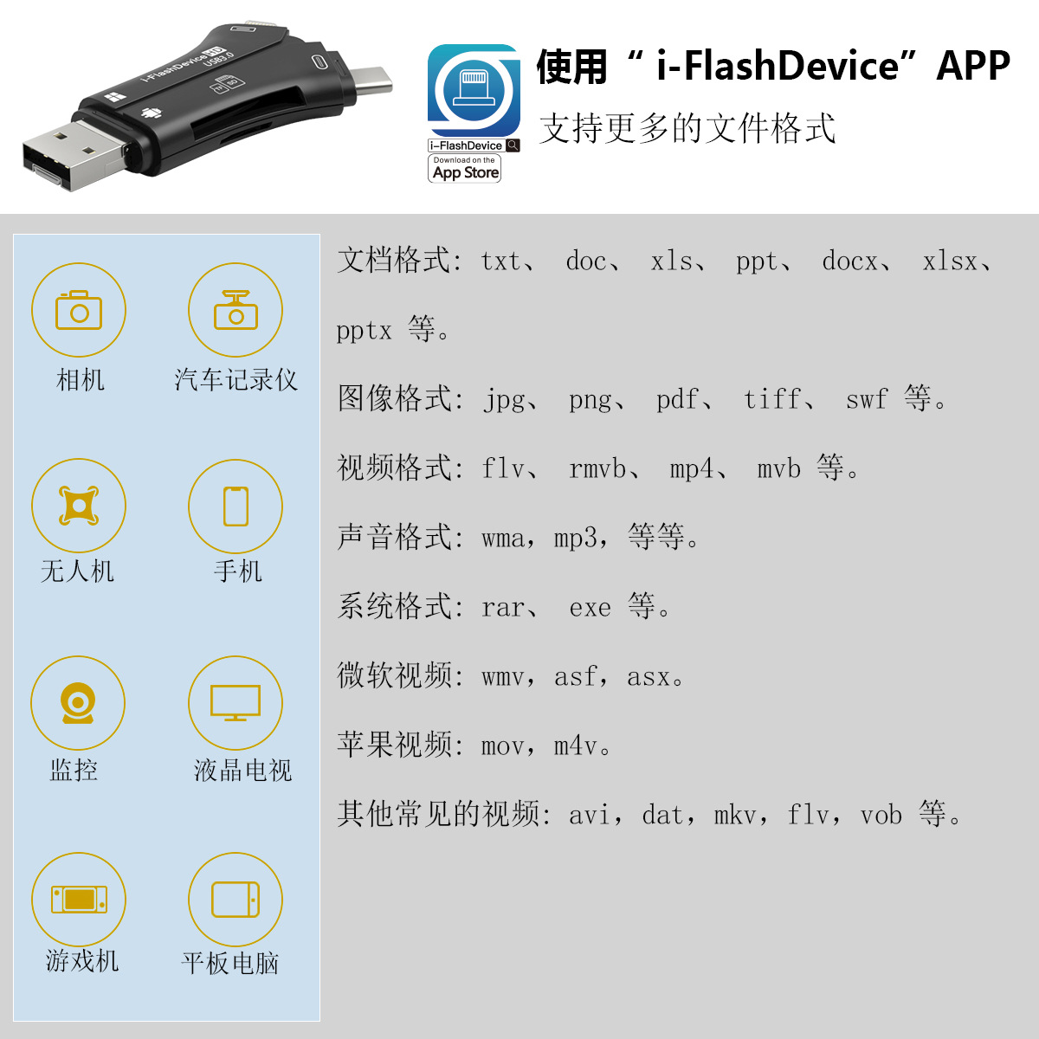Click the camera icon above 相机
pyautogui.click(x=79, y=310)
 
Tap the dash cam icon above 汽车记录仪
pyautogui.click(x=236, y=310)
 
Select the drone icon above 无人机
pyautogui.click(x=79, y=506)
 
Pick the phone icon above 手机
pyautogui.click(x=236, y=506)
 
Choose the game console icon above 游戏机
pyautogui.click(x=79, y=900)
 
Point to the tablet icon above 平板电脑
pyautogui.click(x=236, y=900)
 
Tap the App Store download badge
pyautogui.click(x=465, y=169)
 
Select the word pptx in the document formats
pyautogui.click(x=364, y=331)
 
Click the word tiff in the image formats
pyautogui.click(x=772, y=399)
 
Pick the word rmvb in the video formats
pyautogui.click(x=597, y=468)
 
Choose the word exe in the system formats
pyautogui.click(x=590, y=607)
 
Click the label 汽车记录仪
pyautogui.click(x=236, y=379)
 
